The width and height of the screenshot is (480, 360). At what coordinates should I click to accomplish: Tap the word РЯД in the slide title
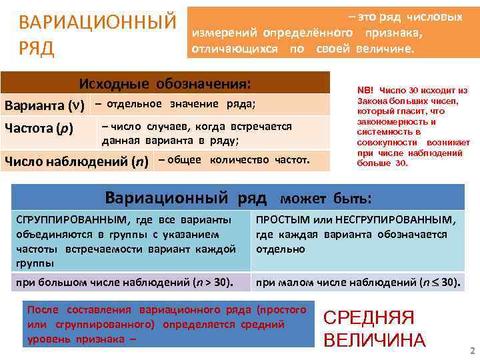37,49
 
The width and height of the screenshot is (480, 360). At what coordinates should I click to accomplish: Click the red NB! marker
366,89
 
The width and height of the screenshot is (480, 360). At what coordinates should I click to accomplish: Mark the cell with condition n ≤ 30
357,282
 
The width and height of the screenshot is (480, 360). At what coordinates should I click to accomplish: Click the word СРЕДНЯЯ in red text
369,318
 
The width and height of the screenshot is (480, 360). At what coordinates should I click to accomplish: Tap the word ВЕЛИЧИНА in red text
374,340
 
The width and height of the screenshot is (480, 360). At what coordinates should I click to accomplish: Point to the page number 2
472,351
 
